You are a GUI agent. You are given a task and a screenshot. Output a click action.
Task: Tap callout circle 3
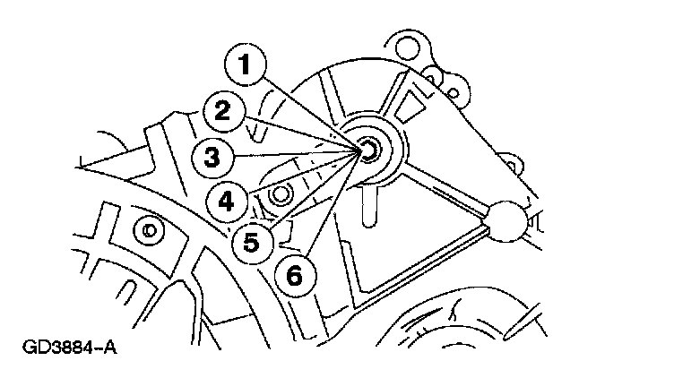[x=212, y=158]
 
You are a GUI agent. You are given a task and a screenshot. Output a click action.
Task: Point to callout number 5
[x=251, y=240]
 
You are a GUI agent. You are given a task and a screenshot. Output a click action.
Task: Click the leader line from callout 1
[x=314, y=108]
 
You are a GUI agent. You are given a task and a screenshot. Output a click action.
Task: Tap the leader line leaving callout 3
[x=296, y=154]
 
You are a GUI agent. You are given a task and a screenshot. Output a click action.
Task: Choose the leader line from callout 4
[x=305, y=173]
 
